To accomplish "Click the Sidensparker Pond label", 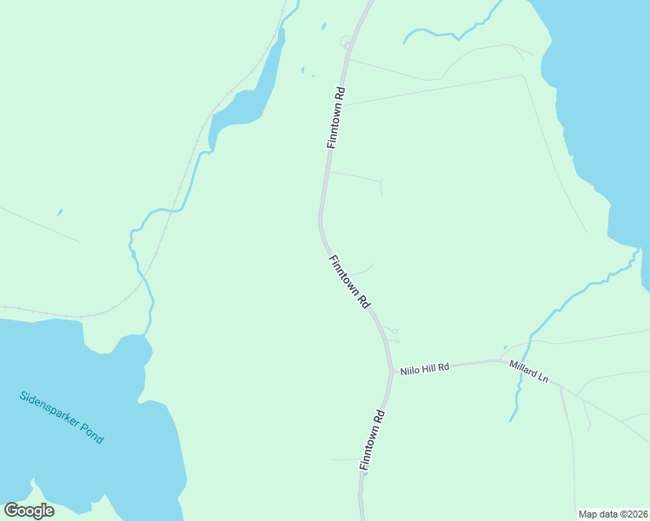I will (62, 418).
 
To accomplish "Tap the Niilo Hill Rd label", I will (424, 368).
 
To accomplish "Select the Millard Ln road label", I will (529, 372).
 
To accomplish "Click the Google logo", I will (29, 511).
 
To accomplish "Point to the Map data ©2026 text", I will (612, 514).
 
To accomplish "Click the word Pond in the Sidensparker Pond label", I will (90, 432).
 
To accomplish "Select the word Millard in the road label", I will (523, 369).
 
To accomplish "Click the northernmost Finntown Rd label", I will (336, 117).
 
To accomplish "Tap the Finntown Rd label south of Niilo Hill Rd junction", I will (372, 440).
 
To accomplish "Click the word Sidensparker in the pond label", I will (49, 411).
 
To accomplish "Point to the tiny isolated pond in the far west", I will (59, 212).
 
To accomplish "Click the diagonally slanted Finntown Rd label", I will (350, 281).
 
